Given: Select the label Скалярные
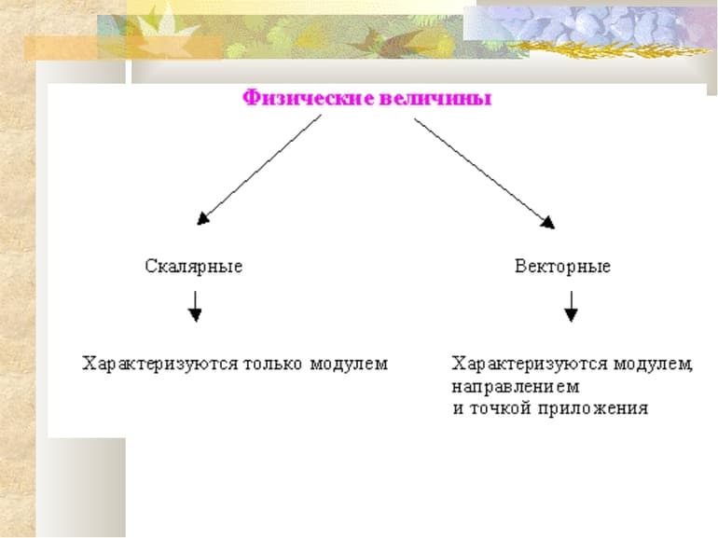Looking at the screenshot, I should pyautogui.click(x=194, y=267).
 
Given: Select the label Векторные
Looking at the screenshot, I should pyautogui.click(x=562, y=267).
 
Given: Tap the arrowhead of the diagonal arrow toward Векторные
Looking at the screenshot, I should pyautogui.click(x=547, y=222).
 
